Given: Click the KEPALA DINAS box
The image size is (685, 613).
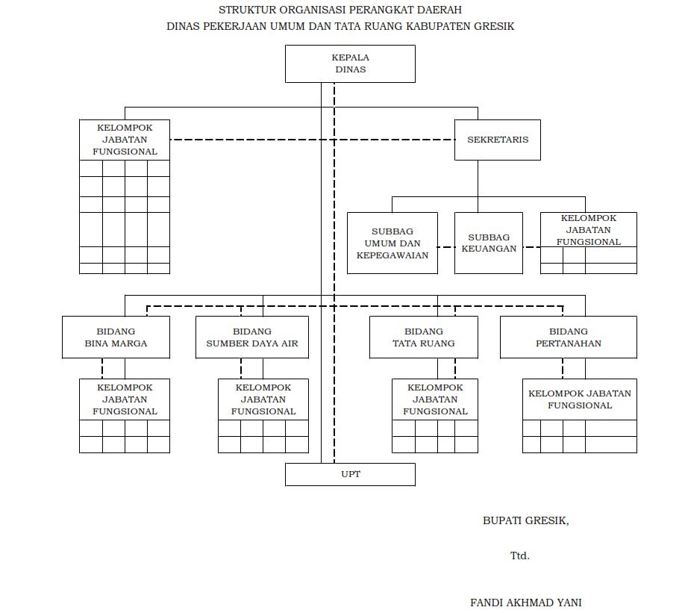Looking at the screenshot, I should point(350,63).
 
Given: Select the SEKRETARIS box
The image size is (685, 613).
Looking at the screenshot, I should point(498,140).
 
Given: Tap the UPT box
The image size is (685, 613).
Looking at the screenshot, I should point(350,474).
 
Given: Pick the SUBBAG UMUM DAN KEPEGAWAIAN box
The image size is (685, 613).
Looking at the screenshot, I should point(392,243).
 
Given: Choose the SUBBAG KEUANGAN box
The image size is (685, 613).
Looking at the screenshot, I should point(489,243).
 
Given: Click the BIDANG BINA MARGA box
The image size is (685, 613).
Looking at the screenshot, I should point(116,337).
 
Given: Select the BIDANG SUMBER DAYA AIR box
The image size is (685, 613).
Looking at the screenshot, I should point(252,337).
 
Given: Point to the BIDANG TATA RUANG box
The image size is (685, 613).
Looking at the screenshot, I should point(424,337).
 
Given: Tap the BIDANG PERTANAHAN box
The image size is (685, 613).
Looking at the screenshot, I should point(569,337).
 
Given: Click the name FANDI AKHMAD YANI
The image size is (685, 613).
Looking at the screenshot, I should point(526,603).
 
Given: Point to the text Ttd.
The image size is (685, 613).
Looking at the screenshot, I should point(520,556).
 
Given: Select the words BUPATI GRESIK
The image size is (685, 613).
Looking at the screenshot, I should point(525,521).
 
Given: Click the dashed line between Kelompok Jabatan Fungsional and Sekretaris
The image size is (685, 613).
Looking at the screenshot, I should point(313,140).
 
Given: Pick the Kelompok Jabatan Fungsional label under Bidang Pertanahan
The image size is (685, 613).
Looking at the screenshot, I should point(580,399).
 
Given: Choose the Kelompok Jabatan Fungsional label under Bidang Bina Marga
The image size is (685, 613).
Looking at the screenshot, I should point(125,399).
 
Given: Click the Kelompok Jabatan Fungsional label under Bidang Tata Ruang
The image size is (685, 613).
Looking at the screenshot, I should point(435,399).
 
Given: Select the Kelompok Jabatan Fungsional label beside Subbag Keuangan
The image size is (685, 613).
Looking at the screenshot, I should point(589,230).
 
